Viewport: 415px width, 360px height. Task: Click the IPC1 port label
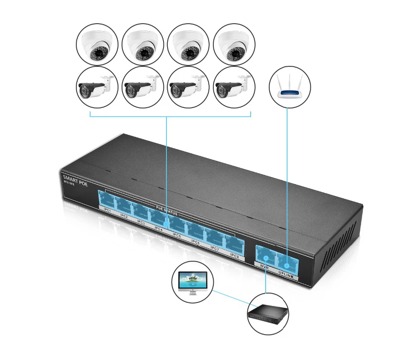(x=107, y=210)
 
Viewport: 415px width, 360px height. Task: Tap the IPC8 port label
(x=234, y=256)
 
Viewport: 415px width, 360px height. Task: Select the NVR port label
(x=264, y=268)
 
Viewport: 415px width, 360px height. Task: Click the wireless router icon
(x=290, y=88)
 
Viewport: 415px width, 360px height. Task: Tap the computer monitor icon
(x=192, y=282)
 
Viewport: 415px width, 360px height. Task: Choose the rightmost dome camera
(x=234, y=44)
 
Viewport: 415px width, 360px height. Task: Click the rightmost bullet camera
(x=234, y=87)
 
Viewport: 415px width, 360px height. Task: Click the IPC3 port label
(x=141, y=222)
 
